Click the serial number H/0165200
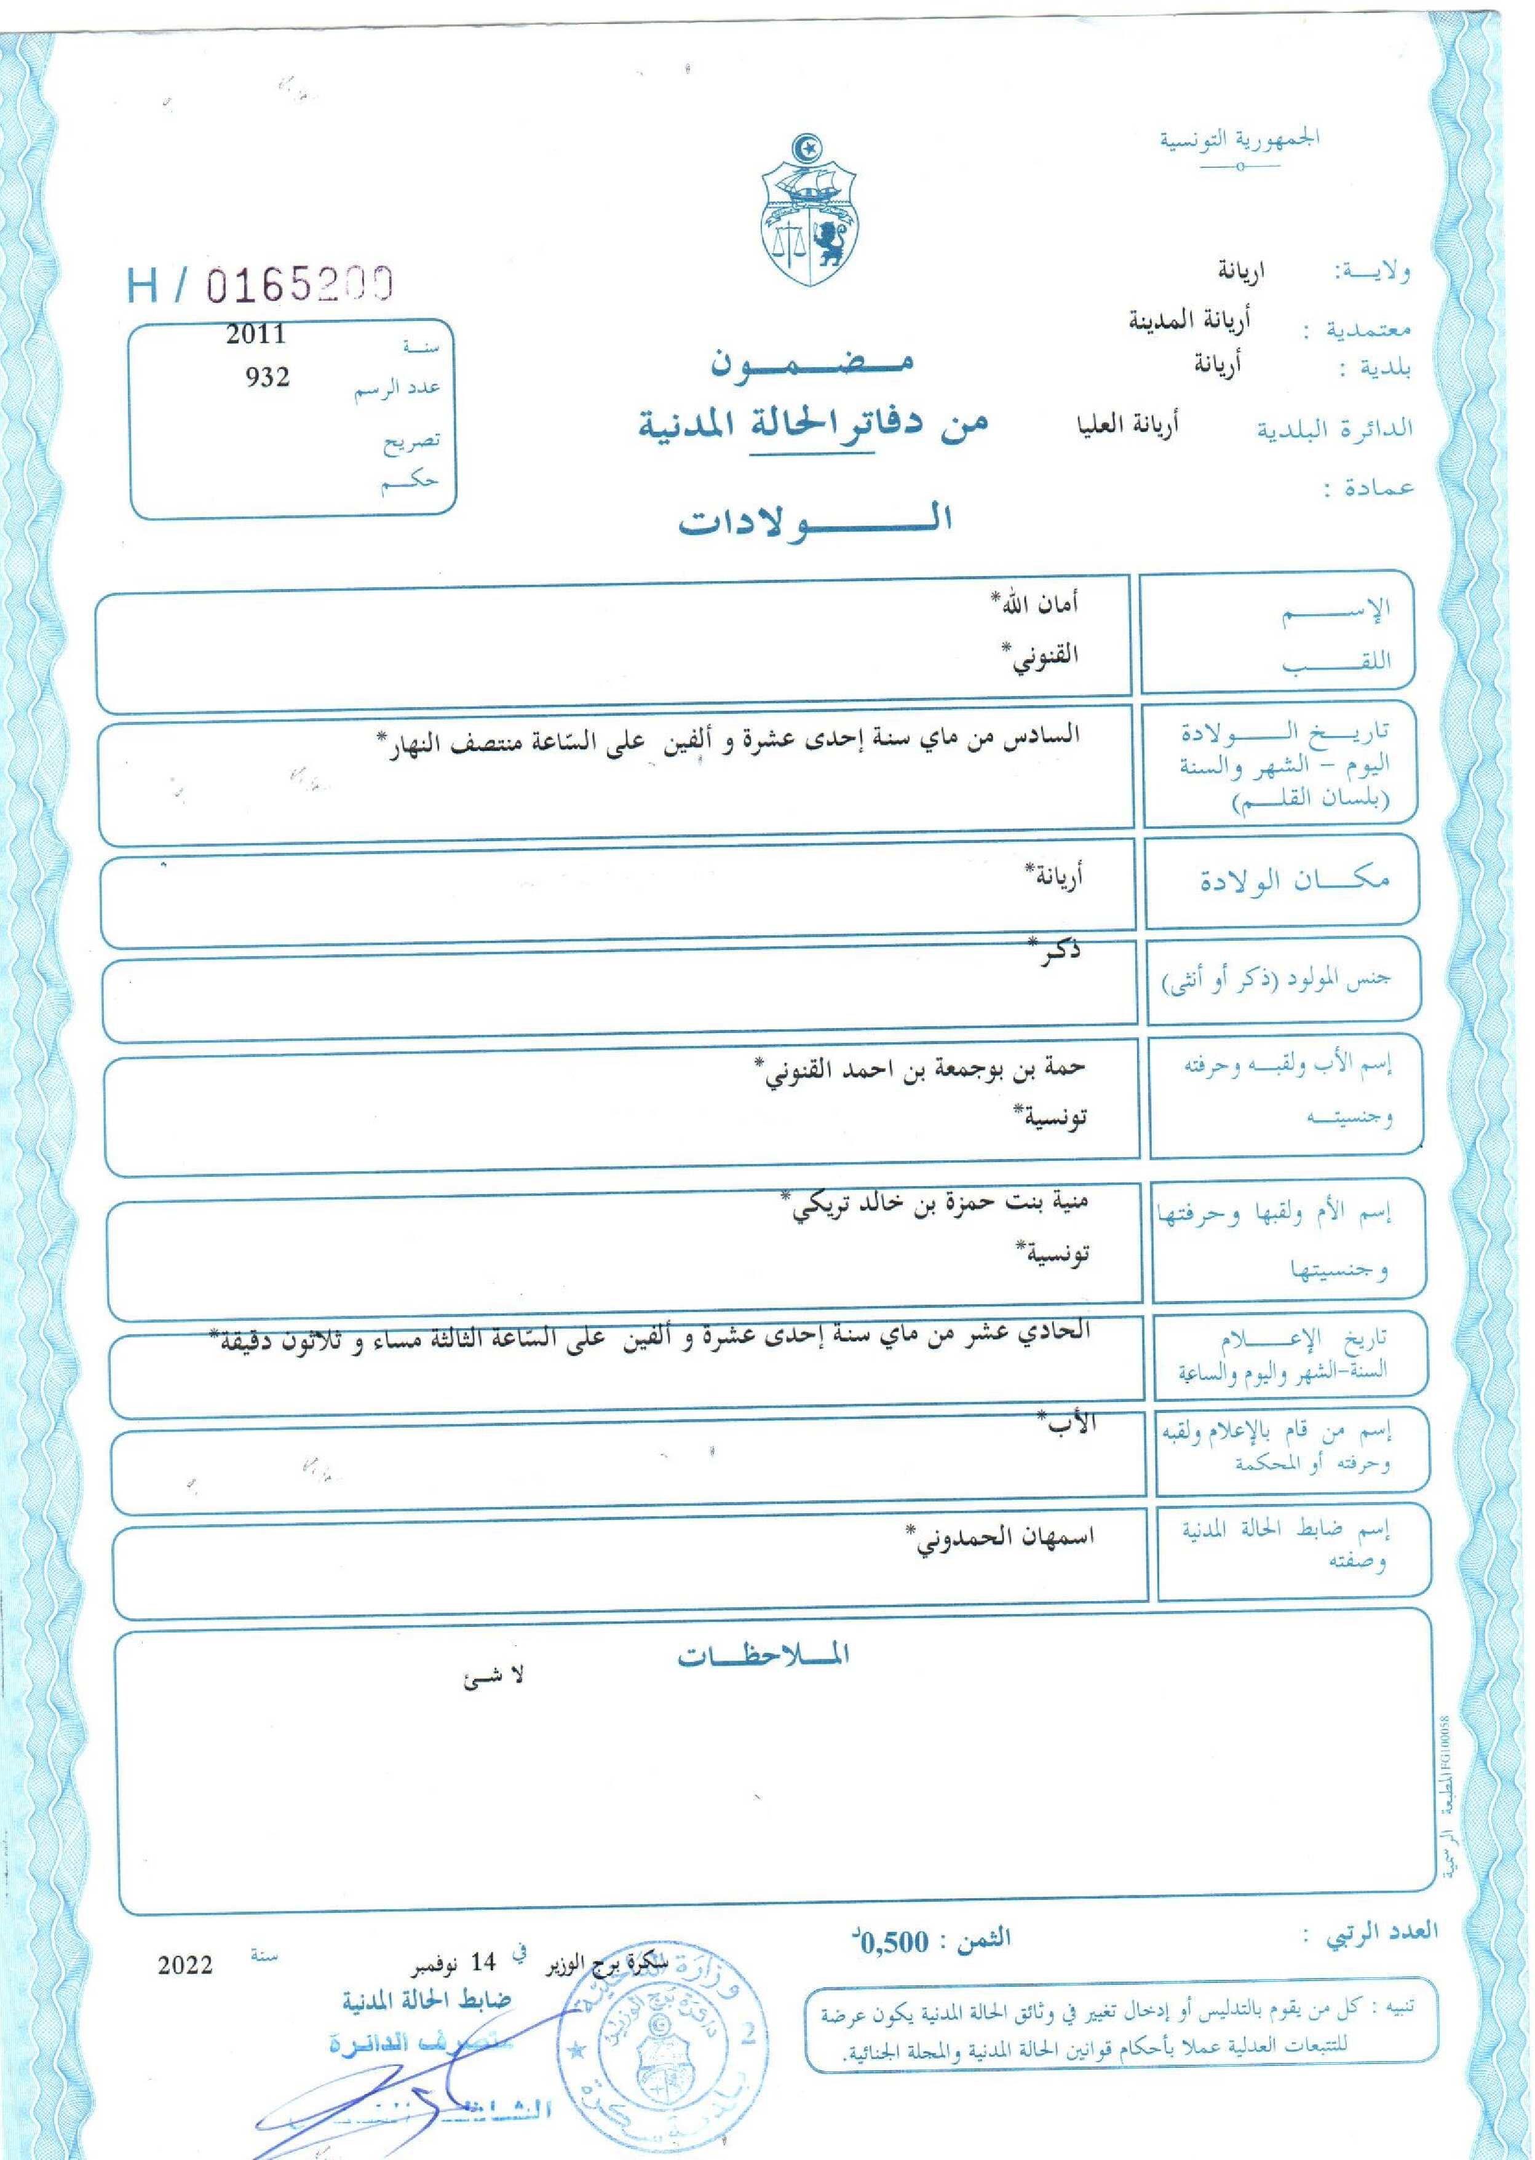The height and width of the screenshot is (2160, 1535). tap(260, 285)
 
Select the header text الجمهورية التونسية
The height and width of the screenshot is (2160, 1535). tap(1239, 140)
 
